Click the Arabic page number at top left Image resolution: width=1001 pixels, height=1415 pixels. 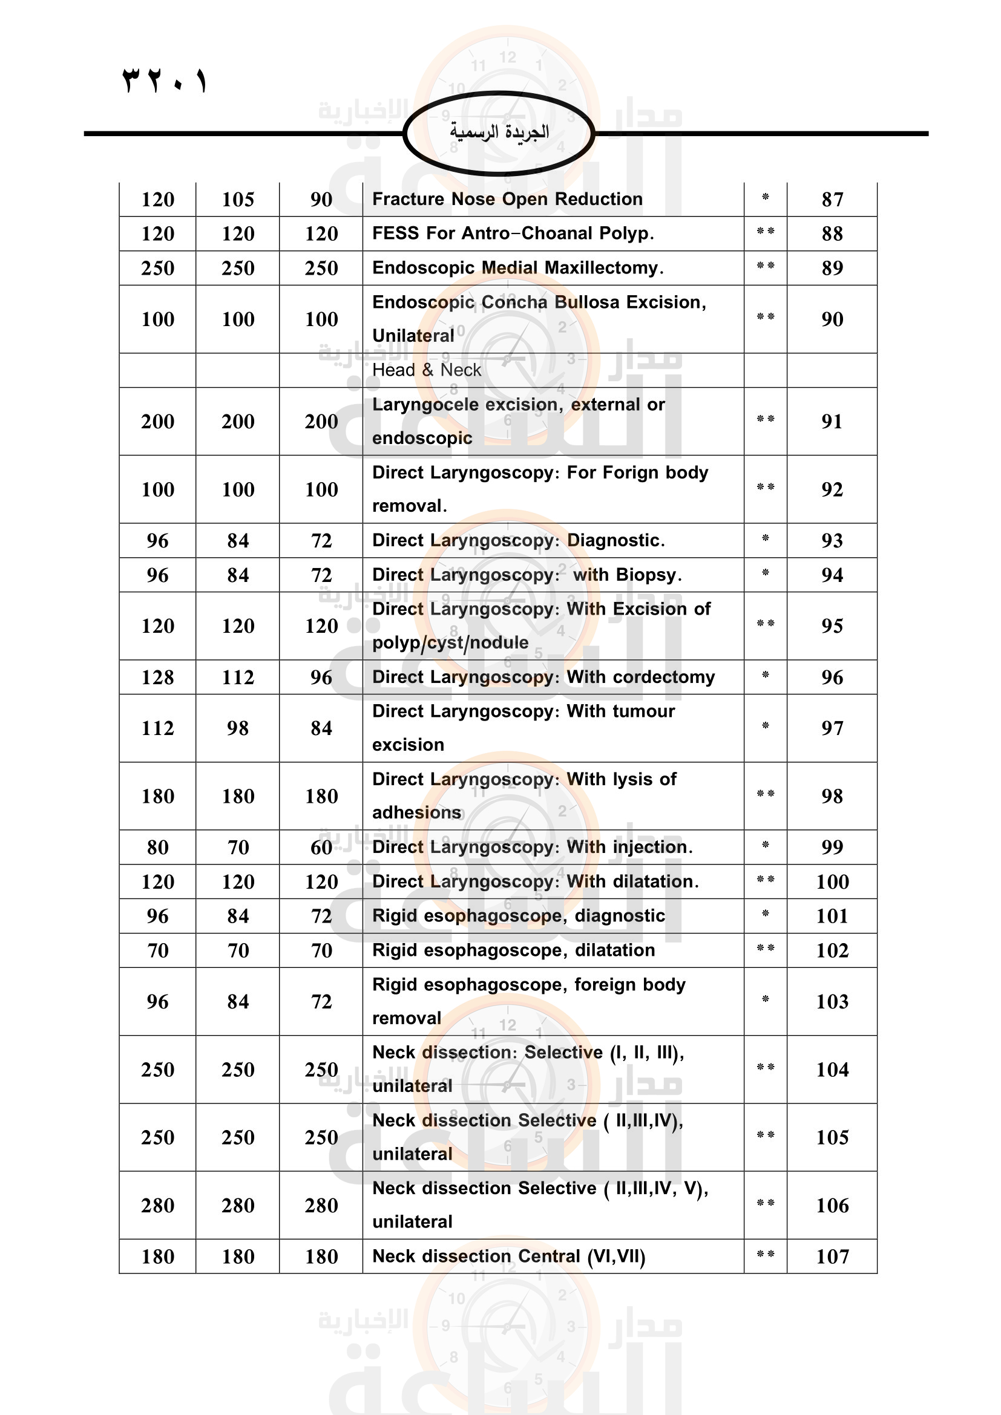pos(165,80)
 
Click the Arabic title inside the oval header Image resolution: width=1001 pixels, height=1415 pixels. pos(499,132)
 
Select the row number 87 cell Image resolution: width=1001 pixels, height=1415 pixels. pos(832,199)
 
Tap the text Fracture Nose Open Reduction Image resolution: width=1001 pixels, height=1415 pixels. pos(507,199)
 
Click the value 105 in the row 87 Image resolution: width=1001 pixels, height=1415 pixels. pos(238,199)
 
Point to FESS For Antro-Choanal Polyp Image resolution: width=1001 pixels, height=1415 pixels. pos(513,234)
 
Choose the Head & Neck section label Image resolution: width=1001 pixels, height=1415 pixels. pos(427,370)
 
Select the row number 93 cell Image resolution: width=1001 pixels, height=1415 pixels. pos(832,540)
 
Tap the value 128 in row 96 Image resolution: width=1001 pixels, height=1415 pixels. pos(158,678)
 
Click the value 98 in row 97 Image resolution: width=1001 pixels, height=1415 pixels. pos(238,728)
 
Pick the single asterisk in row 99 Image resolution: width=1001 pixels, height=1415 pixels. pos(765,845)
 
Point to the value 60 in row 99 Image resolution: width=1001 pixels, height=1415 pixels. pos(321,848)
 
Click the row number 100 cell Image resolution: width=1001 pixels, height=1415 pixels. pos(832,882)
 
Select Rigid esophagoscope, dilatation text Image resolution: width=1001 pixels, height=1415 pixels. pos(513,950)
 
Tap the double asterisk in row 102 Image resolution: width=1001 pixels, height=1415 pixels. pos(765,949)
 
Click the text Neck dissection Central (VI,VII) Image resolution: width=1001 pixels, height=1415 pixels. pos(508,1256)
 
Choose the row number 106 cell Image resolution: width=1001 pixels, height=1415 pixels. pos(832,1206)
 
